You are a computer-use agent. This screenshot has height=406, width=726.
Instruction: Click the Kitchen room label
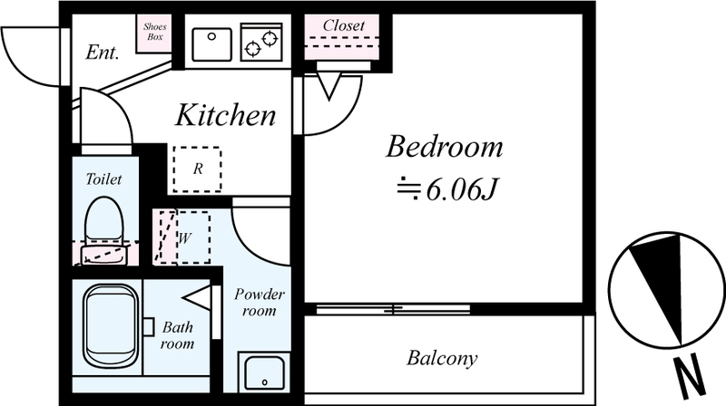coord(225,115)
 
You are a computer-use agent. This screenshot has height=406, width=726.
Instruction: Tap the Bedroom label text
coord(444,147)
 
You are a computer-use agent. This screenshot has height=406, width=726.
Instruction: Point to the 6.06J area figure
coord(461,189)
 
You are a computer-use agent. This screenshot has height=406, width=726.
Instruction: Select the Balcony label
coord(442,358)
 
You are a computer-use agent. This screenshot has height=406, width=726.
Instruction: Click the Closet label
coord(344,25)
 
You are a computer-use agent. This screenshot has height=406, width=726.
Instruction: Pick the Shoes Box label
coord(154,32)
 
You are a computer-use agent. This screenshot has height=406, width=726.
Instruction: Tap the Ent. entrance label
coord(103,53)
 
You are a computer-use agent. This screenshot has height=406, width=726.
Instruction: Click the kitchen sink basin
coord(211,44)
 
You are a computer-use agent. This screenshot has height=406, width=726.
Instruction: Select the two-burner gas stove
coord(261,42)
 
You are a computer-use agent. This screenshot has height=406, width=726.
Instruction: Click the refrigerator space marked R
coord(197,169)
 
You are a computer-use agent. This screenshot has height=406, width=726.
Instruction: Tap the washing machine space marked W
coord(193,237)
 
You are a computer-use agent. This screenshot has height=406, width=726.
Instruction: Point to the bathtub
coord(111,325)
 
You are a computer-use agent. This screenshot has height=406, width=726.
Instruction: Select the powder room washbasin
coord(264,372)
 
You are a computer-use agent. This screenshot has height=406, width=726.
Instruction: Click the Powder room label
coord(260,302)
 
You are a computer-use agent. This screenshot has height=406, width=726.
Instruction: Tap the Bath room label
coord(177,335)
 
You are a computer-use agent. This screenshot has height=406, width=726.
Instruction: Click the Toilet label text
coord(103,179)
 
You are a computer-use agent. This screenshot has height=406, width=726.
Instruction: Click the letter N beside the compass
coord(690,377)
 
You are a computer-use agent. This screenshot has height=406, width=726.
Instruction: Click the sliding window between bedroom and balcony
coord(393,309)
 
